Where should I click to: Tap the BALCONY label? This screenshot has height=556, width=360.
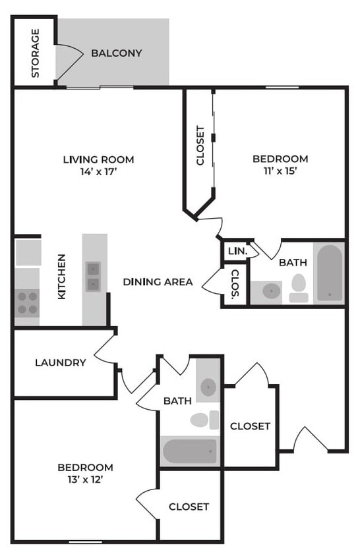point(117,53)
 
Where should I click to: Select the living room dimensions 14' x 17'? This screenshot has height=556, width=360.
point(98,171)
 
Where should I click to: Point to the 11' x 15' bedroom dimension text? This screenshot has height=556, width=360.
point(280,171)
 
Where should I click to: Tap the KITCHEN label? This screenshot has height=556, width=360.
point(61,277)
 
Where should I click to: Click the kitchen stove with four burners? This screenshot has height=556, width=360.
point(27,303)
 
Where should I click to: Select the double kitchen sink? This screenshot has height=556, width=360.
point(94,277)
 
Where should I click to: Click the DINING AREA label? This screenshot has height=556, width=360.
point(158,282)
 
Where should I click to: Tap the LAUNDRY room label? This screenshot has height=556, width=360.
point(61,362)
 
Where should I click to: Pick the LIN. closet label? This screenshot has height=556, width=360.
point(236,252)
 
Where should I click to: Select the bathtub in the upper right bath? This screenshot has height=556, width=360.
point(329,273)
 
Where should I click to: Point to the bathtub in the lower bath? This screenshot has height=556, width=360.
point(190,451)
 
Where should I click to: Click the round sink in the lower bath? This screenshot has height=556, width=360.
point(208,387)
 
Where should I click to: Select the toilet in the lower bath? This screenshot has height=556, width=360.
point(204,419)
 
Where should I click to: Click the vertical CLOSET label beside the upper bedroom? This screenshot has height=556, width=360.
point(200,146)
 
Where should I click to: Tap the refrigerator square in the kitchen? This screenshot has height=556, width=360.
point(28,252)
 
